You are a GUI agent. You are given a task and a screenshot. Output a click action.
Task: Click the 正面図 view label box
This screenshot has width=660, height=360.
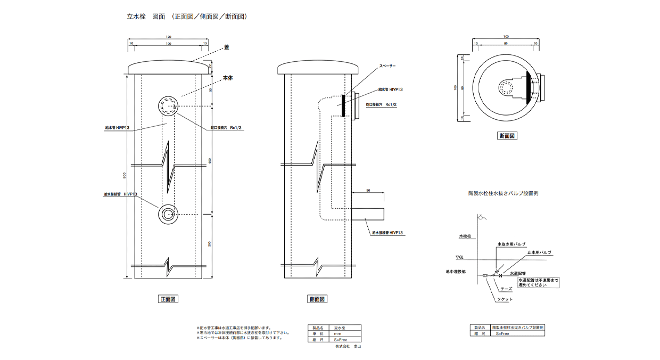click(168, 299)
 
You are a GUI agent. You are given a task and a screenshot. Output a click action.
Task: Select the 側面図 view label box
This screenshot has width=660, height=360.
click(317, 299)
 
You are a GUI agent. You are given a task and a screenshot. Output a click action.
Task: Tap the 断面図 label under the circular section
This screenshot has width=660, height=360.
click(506, 136)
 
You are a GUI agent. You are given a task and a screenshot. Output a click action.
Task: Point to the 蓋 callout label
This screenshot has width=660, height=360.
click(226, 47)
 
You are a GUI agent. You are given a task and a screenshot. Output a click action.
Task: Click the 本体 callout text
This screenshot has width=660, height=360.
click(228, 78)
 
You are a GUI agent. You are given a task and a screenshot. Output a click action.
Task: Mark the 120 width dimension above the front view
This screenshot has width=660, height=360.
click(168, 37)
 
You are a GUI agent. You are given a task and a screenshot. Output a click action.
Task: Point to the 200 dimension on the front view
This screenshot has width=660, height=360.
click(210, 244)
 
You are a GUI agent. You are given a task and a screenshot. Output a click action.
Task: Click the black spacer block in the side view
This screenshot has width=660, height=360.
click(343, 105)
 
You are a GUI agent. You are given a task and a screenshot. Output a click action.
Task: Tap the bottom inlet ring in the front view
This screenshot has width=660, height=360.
click(168, 214)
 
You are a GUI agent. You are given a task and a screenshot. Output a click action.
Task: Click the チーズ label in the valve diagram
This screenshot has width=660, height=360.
click(506, 289)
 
